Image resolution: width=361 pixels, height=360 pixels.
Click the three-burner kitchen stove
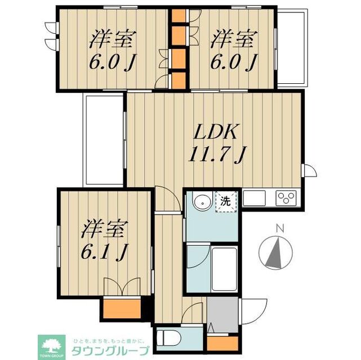point(286,199)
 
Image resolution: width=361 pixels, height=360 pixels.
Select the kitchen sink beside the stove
point(255,199)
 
